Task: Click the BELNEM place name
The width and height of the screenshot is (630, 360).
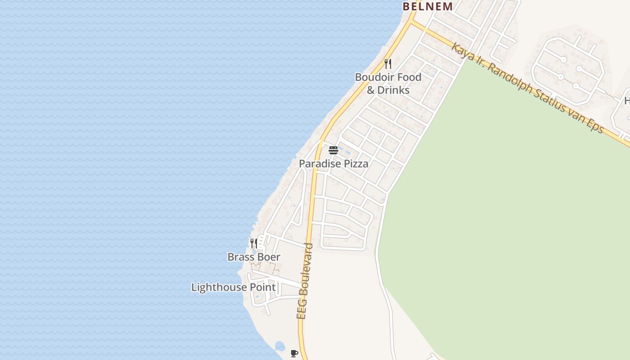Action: coord(427,6)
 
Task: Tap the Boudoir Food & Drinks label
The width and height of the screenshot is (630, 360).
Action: coord(388,83)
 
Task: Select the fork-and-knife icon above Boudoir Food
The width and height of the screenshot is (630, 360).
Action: coord(388,63)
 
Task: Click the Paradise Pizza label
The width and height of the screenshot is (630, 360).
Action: coord(333,164)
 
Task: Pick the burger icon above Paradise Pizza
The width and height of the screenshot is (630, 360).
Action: coord(333,150)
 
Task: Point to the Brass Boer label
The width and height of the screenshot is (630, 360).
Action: coord(254,257)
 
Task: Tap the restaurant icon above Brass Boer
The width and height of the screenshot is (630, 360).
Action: coord(254,243)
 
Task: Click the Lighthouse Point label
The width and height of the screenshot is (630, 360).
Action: coord(233,287)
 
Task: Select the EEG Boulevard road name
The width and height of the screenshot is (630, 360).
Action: coord(305,281)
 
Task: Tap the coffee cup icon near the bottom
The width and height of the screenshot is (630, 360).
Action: coord(294,353)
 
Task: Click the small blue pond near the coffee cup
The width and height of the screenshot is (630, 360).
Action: coord(279,346)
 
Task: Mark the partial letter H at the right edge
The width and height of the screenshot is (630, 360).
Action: coord(627,101)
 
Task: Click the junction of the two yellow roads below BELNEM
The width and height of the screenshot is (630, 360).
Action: coord(413,21)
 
